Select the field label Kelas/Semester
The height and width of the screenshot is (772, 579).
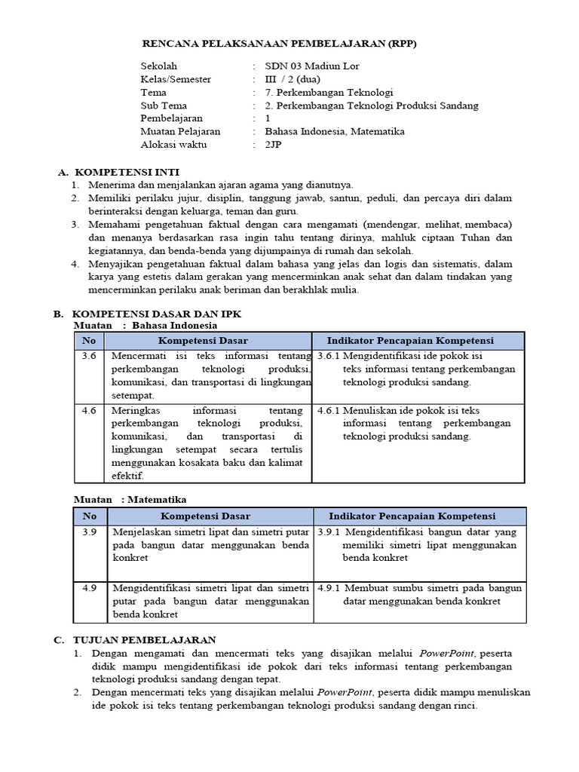(176, 79)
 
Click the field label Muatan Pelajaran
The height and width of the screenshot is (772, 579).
(180, 131)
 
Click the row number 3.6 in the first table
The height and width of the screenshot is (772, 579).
(90, 356)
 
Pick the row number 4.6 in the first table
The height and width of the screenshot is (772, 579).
(90, 410)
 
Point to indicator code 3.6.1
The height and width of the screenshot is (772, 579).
(329, 356)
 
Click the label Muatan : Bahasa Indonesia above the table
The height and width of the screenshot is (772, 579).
(145, 325)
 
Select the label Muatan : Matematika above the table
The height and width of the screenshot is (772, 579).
(130, 499)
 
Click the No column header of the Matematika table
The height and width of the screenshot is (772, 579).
(90, 516)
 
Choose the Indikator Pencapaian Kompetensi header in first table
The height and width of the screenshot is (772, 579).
(420, 341)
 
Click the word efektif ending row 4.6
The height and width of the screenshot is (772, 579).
(129, 476)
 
